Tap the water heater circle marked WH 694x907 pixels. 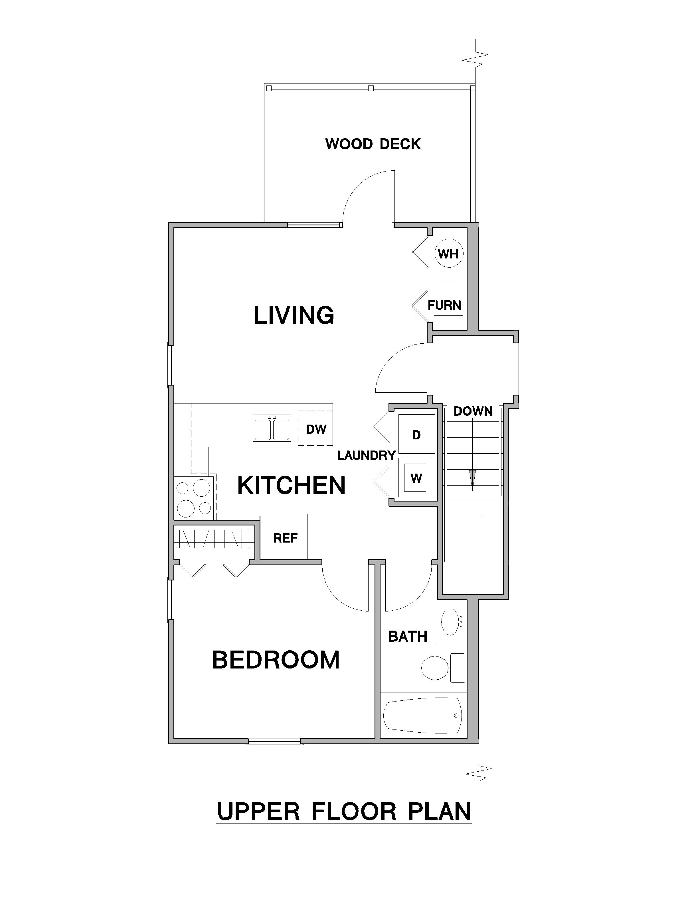point(449,253)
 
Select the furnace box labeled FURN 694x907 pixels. point(448,298)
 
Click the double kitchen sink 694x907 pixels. point(272,428)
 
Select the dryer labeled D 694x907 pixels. point(416,435)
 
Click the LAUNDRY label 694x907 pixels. point(367,456)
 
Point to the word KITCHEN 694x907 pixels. point(291,485)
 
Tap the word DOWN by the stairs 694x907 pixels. point(473,411)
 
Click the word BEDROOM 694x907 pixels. point(276,660)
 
